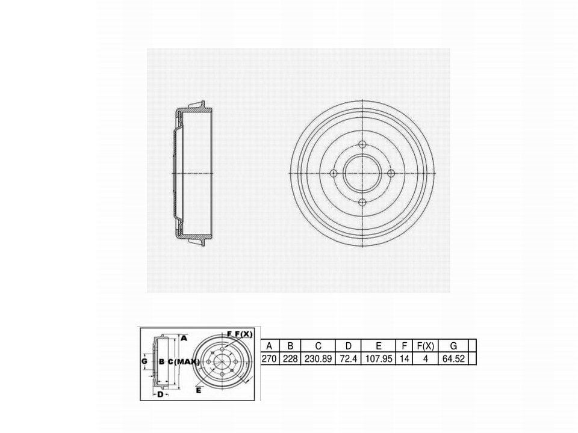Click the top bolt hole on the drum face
(x=362, y=144)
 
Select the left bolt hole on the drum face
(x=334, y=173)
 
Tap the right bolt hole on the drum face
(x=391, y=173)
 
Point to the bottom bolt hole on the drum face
(x=362, y=202)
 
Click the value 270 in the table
(x=269, y=358)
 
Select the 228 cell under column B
(x=290, y=358)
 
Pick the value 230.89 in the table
(x=318, y=358)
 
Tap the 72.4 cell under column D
(x=349, y=358)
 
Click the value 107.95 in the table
(x=379, y=358)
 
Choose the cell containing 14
(x=405, y=358)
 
